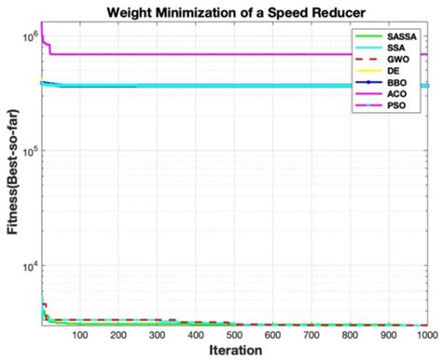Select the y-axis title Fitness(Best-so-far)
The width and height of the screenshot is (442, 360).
pos(12,176)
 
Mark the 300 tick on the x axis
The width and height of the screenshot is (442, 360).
pos(157,334)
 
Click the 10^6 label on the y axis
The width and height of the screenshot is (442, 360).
pos(28,35)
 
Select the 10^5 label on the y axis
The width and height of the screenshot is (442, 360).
pos(28,151)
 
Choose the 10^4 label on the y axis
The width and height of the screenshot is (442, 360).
pos(28,266)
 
